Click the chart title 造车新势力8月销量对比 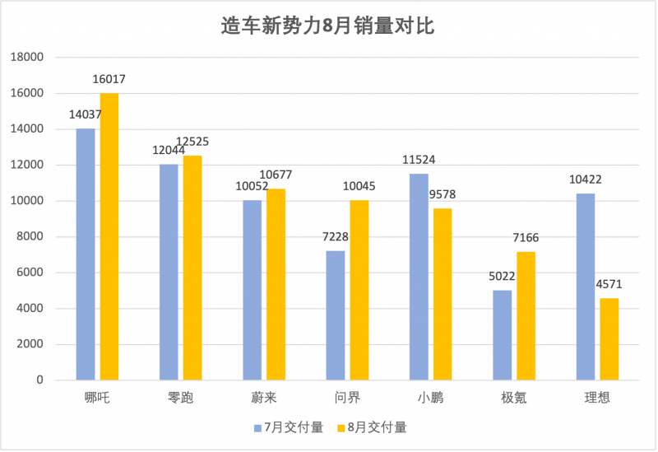pos(327,26)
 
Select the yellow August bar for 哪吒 pos(109,236)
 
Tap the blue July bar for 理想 pos(586,287)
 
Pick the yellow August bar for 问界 pos(359,291)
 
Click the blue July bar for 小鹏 pos(419,277)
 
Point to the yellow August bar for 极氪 pos(526,316)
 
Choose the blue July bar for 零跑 pos(169,273)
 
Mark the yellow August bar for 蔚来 pos(276,284)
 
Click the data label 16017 pos(109,79)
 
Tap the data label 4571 pos(609,284)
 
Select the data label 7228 pos(336,237)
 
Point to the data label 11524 pos(419,160)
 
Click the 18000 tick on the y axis pos(27,57)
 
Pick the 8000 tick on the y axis pos(30,236)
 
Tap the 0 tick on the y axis pos(39,380)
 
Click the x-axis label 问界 pos(347,398)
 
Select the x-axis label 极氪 pos(514,398)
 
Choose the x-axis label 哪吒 pos(97,398)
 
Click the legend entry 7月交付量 pos(289,427)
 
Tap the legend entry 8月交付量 pos(373,427)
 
